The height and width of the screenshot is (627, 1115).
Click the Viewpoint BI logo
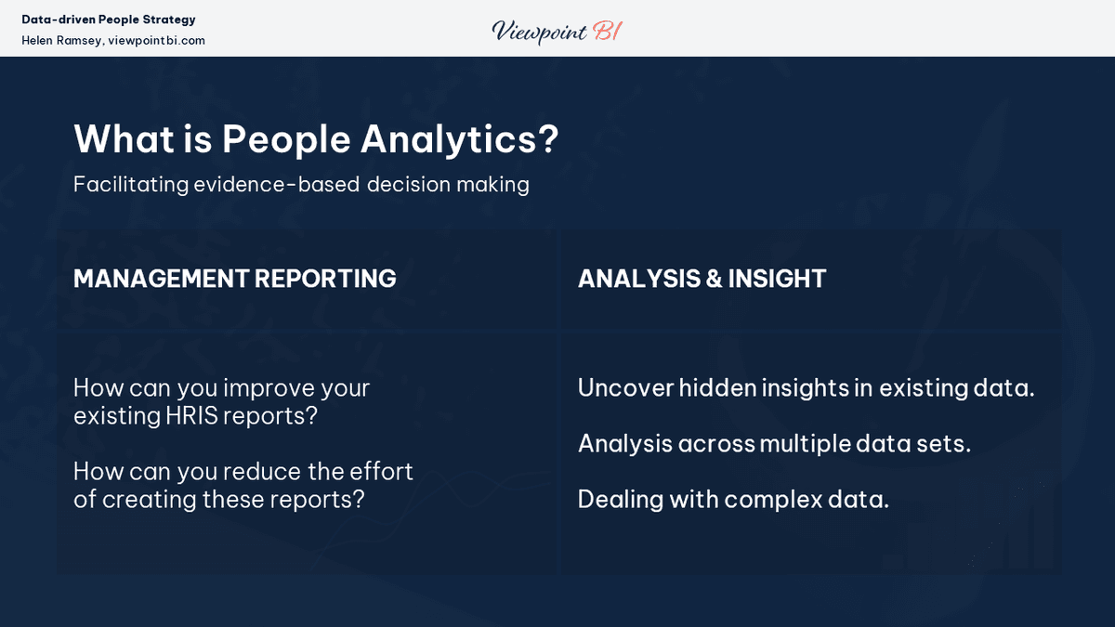[x=557, y=32]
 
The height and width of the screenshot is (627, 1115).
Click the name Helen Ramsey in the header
[x=61, y=41]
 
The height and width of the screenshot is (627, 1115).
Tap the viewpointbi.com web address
[x=156, y=41]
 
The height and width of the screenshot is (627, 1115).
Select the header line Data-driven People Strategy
[x=109, y=20]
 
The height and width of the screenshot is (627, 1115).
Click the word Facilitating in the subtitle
[x=130, y=184]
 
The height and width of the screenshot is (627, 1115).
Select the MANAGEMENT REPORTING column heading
[x=234, y=279]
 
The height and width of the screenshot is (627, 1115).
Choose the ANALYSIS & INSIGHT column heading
[x=702, y=279]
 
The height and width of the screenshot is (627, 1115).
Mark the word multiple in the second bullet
[x=799, y=443]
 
